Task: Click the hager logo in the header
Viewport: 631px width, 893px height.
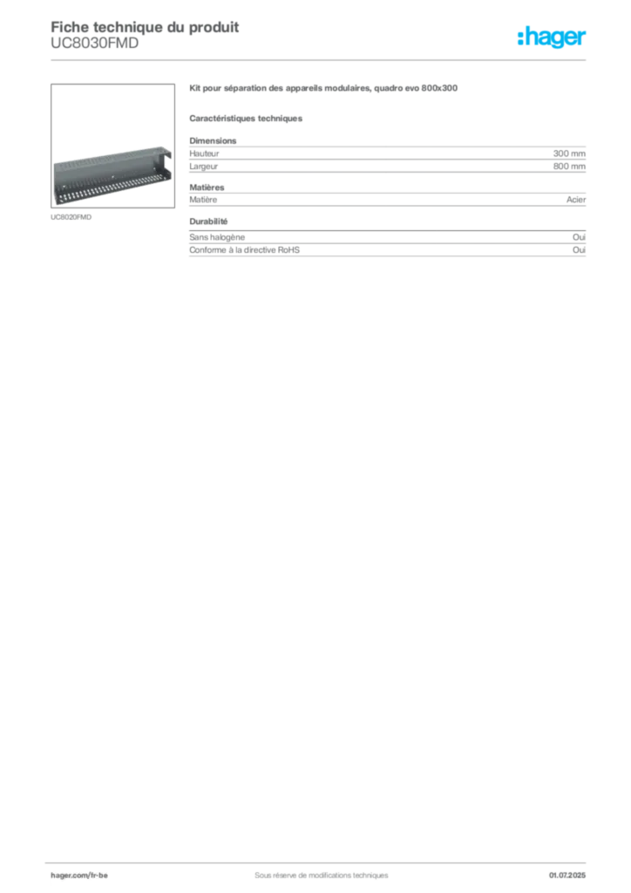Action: click(x=552, y=37)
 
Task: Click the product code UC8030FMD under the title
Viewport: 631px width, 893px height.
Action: click(x=94, y=44)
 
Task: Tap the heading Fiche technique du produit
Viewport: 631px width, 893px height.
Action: click(x=145, y=27)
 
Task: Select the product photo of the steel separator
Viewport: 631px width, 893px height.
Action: click(x=112, y=146)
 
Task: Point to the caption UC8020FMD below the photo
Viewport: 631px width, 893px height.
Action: click(x=71, y=217)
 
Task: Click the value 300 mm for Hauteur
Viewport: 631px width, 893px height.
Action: click(x=569, y=153)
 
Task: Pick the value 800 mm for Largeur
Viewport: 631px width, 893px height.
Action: click(x=569, y=167)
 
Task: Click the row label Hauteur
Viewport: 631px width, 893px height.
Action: click(x=204, y=153)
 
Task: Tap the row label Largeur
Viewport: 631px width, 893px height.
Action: click(x=204, y=167)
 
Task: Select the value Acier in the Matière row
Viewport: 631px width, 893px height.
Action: click(x=576, y=200)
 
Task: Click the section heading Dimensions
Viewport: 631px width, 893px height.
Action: click(x=213, y=140)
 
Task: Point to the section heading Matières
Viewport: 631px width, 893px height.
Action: click(x=207, y=187)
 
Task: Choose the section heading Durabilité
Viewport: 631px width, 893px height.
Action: click(x=209, y=221)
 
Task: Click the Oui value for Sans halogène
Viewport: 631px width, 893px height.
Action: click(x=579, y=237)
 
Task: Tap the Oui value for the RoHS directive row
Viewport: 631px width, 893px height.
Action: click(x=579, y=250)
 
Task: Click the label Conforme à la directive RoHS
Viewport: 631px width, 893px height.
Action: click(x=245, y=250)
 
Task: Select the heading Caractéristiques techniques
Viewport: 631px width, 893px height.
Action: click(x=246, y=119)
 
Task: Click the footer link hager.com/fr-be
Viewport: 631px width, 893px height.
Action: click(x=79, y=876)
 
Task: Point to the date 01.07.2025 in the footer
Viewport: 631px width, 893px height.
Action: click(x=567, y=876)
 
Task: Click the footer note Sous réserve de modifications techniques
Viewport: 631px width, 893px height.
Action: click(x=322, y=876)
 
